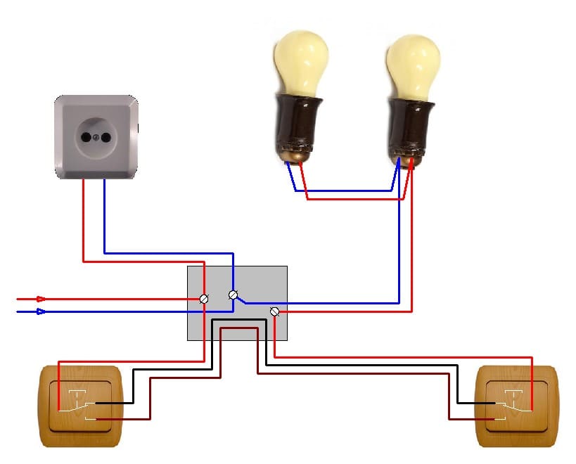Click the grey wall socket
[96, 136]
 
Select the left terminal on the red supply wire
[204, 299]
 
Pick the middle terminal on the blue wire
[233, 295]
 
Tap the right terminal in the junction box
[275, 311]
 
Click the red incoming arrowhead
[41, 299]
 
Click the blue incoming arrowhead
[41, 311]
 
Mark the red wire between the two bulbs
[352, 200]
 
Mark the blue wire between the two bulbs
[345, 191]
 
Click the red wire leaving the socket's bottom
[84, 218]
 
